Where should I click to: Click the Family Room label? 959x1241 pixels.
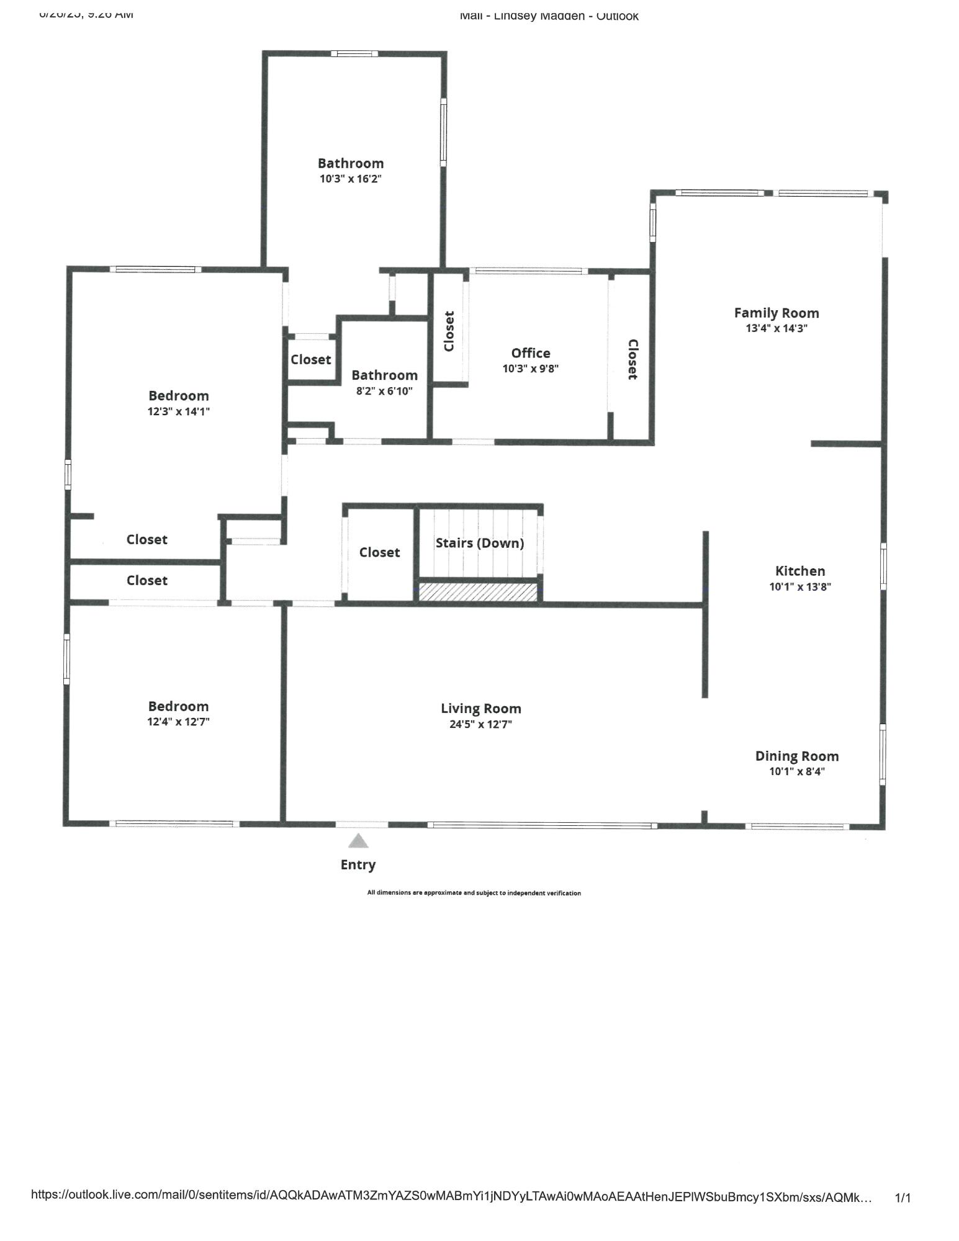776,313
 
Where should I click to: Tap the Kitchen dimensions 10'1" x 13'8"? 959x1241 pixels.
799,586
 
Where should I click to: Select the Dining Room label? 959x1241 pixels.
796,756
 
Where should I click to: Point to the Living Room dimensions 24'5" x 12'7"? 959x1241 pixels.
480,724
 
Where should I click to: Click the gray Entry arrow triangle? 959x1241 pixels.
358,841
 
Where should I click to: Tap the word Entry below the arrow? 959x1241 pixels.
358,864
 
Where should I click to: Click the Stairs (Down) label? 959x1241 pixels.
479,543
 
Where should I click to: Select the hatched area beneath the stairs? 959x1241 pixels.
478,591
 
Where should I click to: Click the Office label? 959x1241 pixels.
531,353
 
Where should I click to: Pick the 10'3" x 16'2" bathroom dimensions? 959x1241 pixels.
350,179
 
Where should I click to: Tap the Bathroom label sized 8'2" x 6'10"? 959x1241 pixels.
384,375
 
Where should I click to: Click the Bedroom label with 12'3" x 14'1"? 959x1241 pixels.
178,396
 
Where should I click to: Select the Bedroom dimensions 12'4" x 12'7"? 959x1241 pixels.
178,722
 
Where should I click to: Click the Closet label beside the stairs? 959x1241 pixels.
379,552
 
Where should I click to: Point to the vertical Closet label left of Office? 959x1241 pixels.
449,331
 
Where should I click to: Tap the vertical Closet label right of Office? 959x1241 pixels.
632,359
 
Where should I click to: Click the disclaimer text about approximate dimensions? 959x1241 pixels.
474,893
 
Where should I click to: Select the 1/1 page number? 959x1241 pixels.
903,1198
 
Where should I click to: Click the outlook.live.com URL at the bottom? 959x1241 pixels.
451,1197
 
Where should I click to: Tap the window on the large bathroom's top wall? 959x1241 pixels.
354,54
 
